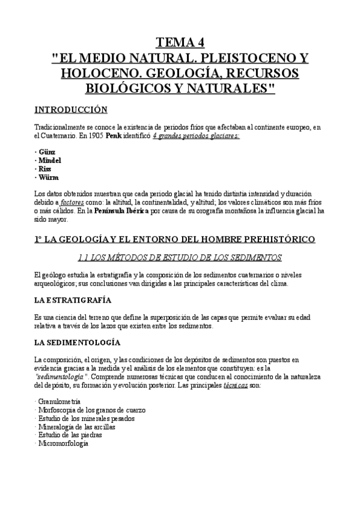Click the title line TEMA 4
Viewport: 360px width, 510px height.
pyautogui.click(x=180, y=42)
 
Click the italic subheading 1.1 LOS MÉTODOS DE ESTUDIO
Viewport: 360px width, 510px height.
pyautogui.click(x=180, y=258)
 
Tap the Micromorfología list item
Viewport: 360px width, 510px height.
pyautogui.click(x=64, y=443)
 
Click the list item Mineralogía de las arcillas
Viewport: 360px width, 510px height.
pyautogui.click(x=76, y=426)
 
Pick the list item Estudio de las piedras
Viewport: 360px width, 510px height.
pyautogui.click(x=69, y=435)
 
